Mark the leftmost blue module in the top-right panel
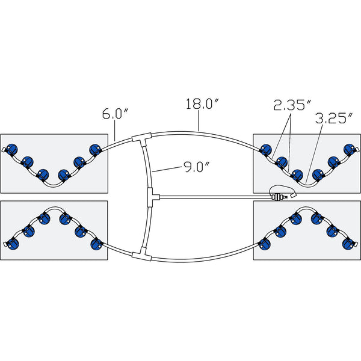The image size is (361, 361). point(265,149)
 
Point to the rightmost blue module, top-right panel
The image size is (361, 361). point(347,149)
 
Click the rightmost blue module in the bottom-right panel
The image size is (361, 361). point(347,243)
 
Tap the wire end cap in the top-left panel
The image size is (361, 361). point(5,149)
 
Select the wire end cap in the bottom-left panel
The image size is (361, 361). point(5,244)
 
